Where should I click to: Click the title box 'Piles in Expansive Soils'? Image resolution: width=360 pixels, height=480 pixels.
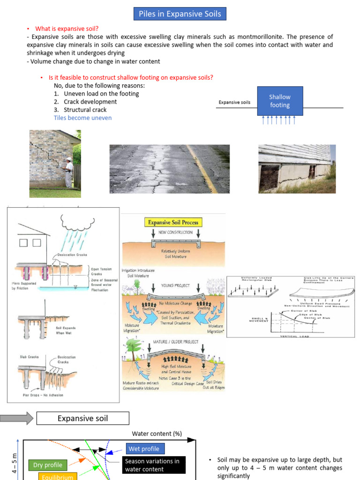[x=180, y=14]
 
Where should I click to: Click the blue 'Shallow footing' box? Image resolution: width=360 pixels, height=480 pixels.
[x=279, y=101]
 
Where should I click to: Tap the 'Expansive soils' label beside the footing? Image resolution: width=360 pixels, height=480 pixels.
[x=234, y=102]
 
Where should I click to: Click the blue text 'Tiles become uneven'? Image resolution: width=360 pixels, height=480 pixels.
[x=83, y=118]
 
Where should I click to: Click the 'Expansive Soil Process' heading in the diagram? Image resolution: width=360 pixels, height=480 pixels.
[x=173, y=223]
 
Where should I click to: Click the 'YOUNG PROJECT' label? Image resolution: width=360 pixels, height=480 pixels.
[x=174, y=285]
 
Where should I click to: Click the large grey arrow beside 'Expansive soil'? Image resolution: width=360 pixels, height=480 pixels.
[x=17, y=418]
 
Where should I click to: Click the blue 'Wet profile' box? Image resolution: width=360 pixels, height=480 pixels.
[x=144, y=449]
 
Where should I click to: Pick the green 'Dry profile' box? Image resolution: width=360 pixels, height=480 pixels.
[x=48, y=465]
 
